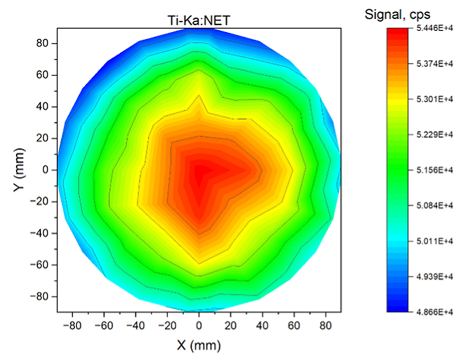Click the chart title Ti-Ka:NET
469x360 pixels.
pos(199,20)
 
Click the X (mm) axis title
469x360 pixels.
pos(199,346)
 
